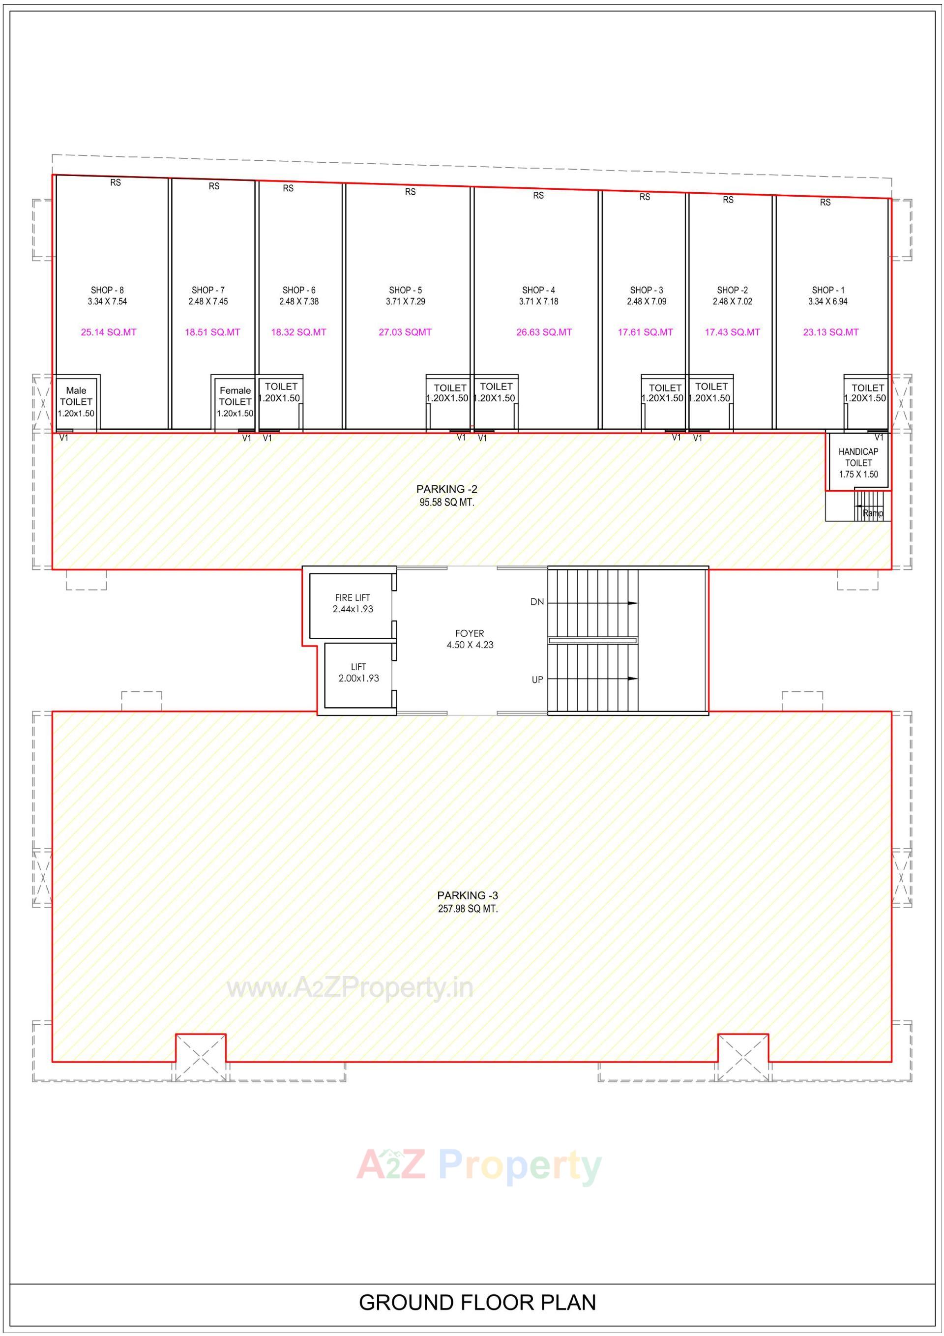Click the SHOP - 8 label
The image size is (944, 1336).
[x=107, y=290]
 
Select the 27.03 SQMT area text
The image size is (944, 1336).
[x=405, y=332]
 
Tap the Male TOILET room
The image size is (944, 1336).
[x=76, y=402]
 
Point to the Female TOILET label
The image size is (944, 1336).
[x=235, y=396]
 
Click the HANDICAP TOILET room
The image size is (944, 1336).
[x=858, y=463]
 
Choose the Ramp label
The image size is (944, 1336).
[x=872, y=513]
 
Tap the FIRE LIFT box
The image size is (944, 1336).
[x=352, y=603]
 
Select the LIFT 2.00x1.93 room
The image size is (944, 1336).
[x=358, y=673]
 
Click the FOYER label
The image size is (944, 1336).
[x=470, y=633]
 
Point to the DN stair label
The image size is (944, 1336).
[x=536, y=602]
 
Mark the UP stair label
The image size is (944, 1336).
[x=537, y=680]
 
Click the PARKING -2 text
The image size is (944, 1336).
[x=446, y=489]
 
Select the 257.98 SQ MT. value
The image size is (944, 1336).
[x=468, y=909]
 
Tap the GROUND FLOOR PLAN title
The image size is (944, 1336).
[x=477, y=1304]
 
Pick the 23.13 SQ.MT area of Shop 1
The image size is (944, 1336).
[x=830, y=332]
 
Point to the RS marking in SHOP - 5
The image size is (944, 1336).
[x=411, y=191]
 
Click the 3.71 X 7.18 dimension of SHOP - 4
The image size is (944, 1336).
[x=538, y=301]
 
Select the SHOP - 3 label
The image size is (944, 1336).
[x=646, y=290]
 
